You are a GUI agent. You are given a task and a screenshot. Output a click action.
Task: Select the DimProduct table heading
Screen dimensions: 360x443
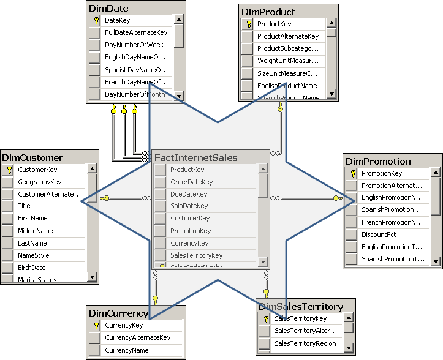268,12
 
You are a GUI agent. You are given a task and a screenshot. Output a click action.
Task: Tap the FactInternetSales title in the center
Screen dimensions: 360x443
196,157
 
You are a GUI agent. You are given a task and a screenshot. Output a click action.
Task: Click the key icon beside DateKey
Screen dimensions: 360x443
95,20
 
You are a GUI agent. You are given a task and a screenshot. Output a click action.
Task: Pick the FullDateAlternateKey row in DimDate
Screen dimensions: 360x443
135,32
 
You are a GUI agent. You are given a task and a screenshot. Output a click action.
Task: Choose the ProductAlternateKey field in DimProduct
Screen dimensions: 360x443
287,36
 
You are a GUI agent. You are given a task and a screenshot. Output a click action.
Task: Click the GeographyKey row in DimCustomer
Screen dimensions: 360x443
39,182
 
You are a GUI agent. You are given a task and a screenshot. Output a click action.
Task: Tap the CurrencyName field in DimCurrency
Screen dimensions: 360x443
126,350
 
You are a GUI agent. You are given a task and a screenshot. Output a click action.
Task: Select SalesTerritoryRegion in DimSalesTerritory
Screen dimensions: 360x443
305,343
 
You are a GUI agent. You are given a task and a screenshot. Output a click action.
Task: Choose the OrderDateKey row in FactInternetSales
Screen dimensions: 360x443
191,182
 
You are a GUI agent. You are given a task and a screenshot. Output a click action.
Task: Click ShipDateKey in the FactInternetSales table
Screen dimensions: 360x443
189,206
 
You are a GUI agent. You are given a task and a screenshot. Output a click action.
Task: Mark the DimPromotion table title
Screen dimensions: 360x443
378,162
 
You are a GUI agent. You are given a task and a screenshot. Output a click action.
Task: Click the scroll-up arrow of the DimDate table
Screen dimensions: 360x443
178,20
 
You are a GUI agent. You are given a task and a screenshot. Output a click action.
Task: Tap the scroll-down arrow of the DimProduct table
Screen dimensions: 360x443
331,94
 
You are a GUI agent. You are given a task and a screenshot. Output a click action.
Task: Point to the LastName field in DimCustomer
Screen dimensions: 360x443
32,243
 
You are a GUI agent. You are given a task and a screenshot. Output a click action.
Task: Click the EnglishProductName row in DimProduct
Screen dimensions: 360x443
287,86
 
